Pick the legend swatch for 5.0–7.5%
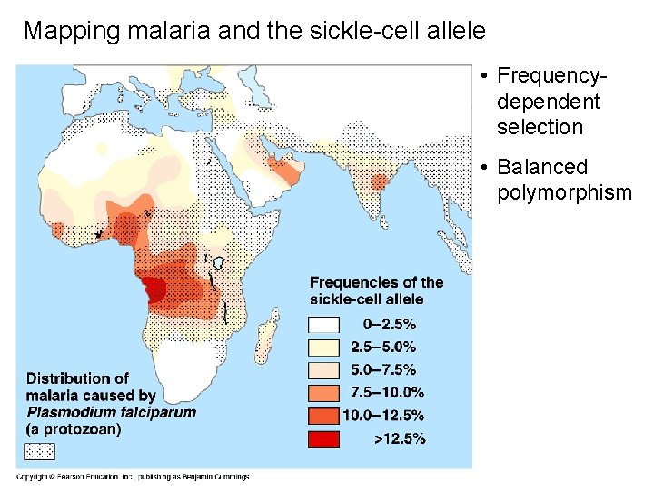[x=324, y=370]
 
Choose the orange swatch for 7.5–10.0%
[x=324, y=393]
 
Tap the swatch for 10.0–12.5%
[x=324, y=416]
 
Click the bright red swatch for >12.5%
[x=324, y=439]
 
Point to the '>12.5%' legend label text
[x=400, y=439]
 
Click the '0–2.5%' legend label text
[x=390, y=324]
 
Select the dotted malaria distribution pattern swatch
[x=39, y=451]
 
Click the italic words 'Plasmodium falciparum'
[x=111, y=412]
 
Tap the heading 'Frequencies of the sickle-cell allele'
[x=376, y=290]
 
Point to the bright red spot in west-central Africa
[x=154, y=289]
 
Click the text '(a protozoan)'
[x=74, y=429]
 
